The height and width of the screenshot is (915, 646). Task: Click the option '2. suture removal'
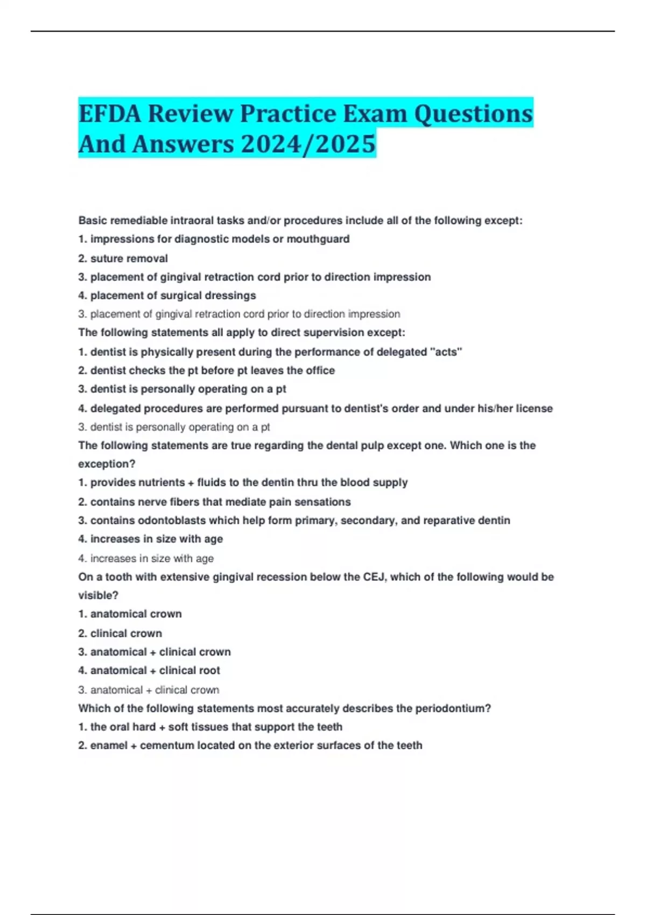123,258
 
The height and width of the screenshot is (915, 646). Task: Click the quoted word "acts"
446,352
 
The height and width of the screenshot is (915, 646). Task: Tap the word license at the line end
534,409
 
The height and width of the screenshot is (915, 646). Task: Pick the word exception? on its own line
107,464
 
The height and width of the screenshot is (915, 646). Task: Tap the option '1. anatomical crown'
130,614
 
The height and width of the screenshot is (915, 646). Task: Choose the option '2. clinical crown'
120,634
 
